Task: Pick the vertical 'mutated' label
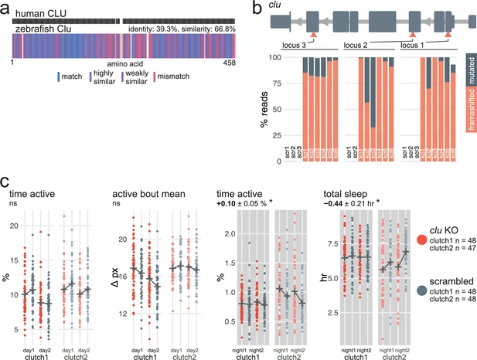click(470, 69)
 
